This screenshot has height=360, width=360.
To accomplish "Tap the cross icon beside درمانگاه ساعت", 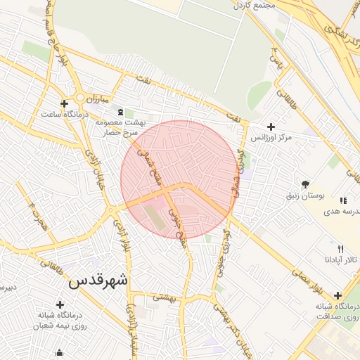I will pyautogui.click(x=64, y=103).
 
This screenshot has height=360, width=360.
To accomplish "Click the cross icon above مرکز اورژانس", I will pyautogui.click(x=271, y=126).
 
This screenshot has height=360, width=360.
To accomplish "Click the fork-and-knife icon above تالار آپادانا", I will pyautogui.click(x=340, y=249).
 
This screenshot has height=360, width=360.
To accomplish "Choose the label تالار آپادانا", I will pyautogui.click(x=340, y=259).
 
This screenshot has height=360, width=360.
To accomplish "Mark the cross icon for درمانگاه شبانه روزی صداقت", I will pyautogui.click(x=338, y=295).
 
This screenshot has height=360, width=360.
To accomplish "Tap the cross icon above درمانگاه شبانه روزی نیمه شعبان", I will pyautogui.click(x=60, y=304).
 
